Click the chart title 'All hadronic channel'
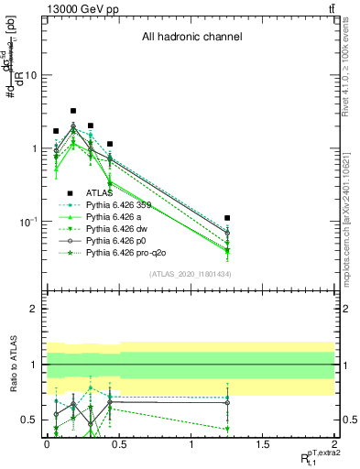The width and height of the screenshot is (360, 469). tap(191, 38)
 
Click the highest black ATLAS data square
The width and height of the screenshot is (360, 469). tap(73, 111)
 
